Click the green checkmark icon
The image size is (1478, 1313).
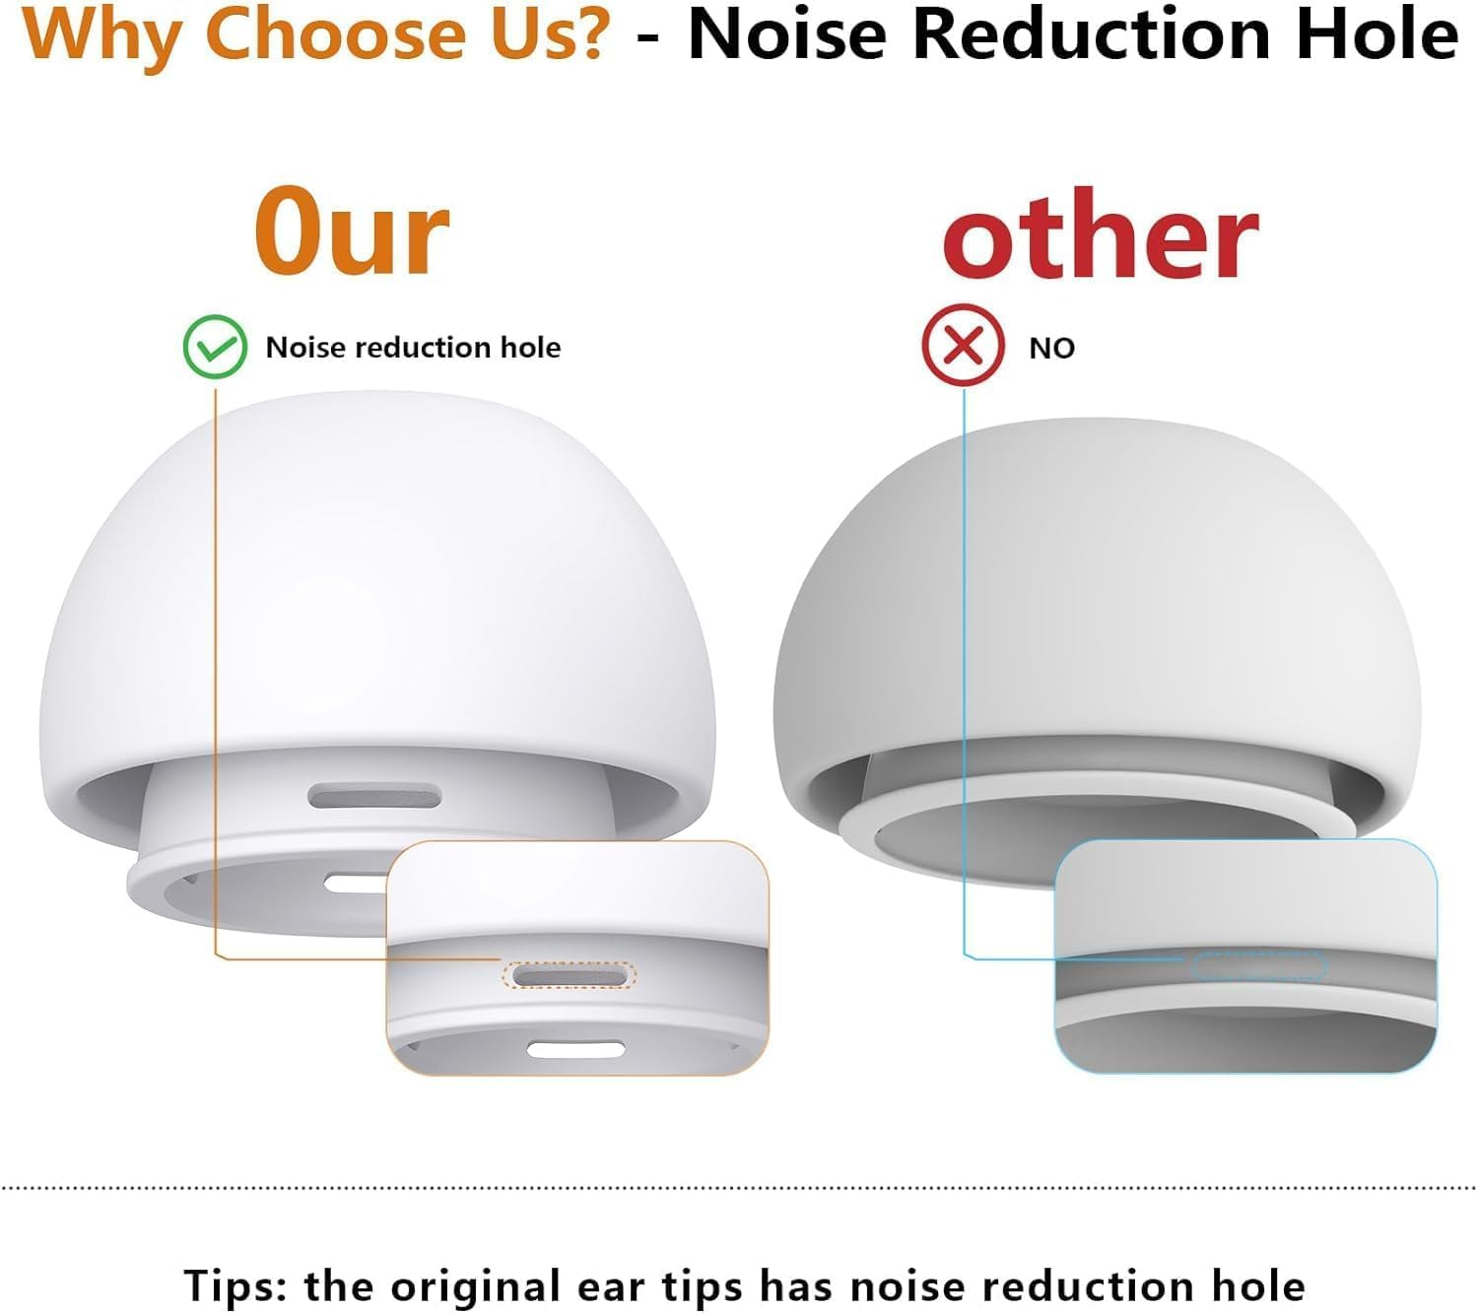(x=215, y=347)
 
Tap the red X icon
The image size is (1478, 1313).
(x=963, y=347)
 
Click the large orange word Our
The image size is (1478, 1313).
(x=352, y=233)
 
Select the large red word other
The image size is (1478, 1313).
(x=1101, y=236)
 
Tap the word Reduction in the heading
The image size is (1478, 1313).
(x=1095, y=34)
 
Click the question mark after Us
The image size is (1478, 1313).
(x=589, y=34)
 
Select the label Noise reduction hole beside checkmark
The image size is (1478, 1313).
(x=413, y=348)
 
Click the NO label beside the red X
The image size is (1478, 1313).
(x=1051, y=349)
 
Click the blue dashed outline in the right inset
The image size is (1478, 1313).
(x=1260, y=966)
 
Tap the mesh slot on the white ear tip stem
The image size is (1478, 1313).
(x=374, y=797)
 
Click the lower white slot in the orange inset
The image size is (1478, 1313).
(x=575, y=1049)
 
